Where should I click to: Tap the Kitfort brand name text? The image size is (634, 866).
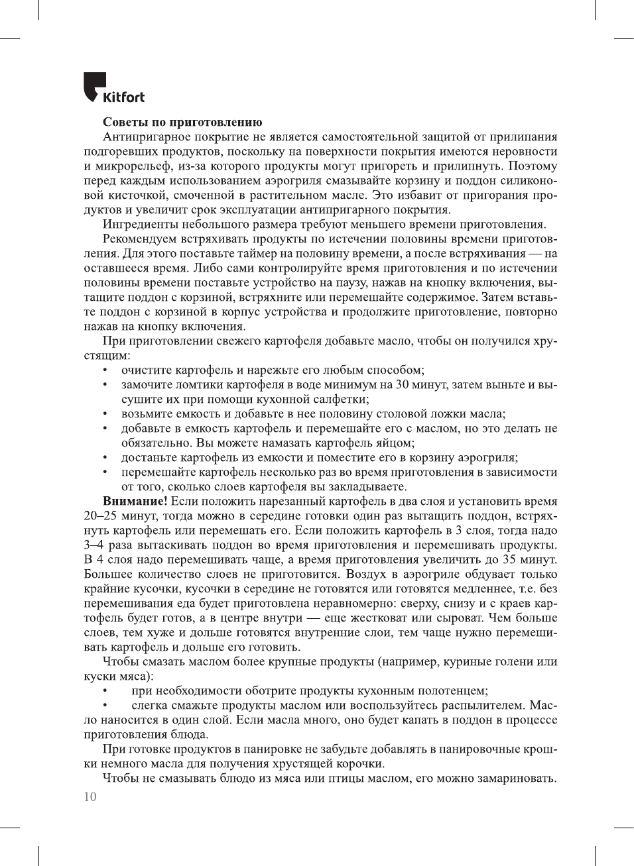coord(123,97)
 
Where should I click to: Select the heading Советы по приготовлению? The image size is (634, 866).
coord(182,123)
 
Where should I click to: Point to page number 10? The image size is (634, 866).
coord(90,797)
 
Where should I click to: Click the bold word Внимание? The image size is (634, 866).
coord(135,502)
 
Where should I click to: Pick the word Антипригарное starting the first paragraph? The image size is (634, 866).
coord(146,137)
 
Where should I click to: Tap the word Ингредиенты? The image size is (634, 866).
coord(140,225)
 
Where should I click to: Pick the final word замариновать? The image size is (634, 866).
coord(517,779)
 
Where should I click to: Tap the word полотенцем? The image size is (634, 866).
coord(448,691)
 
